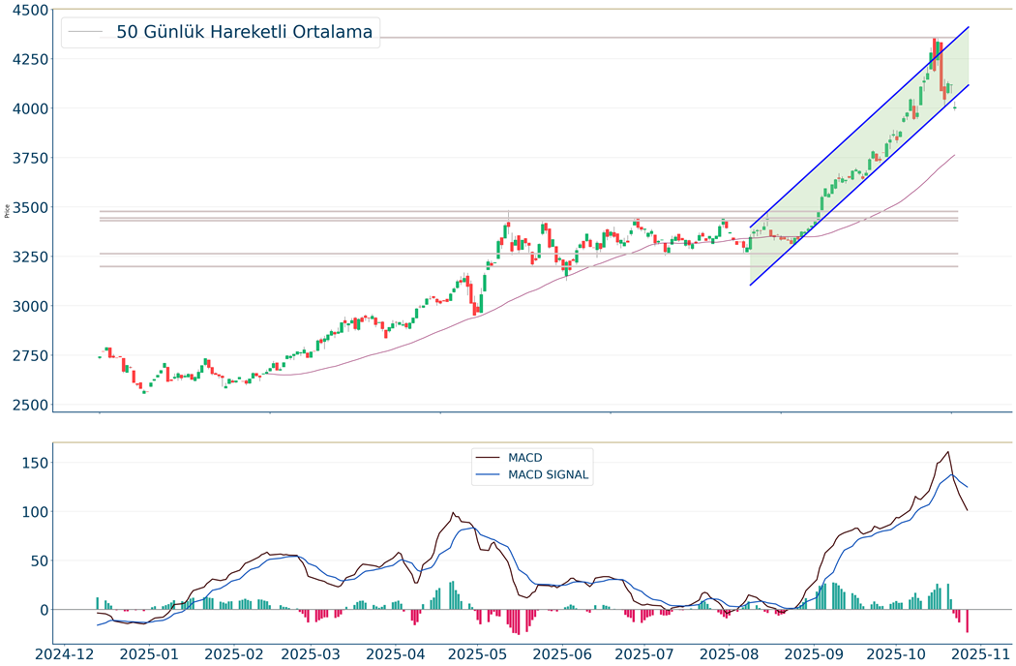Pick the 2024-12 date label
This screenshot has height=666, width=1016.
click(x=64, y=653)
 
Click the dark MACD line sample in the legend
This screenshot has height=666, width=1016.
click(x=488, y=457)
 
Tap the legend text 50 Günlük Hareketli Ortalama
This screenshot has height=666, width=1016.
click(x=244, y=32)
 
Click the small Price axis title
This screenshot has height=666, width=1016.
click(x=8, y=209)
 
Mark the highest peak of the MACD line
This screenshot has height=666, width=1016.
click(x=948, y=452)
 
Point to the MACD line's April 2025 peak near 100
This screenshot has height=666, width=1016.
click(x=453, y=513)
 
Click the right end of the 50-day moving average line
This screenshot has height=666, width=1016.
click(x=955, y=155)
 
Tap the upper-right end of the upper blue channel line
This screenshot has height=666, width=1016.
click(x=969, y=27)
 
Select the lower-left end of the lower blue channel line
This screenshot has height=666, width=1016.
click(x=750, y=285)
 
